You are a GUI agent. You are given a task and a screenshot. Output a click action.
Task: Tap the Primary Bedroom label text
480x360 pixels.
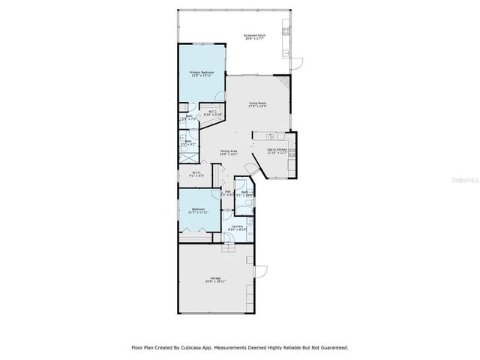pos(202,73)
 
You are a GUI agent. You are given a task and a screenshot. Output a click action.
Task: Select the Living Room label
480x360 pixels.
pos(258,105)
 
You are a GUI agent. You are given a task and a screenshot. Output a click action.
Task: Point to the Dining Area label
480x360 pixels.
pos(229,152)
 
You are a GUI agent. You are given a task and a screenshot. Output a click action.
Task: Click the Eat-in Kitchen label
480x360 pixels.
pos(277,152)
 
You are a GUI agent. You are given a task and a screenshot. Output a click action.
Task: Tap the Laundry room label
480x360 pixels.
pos(237,227)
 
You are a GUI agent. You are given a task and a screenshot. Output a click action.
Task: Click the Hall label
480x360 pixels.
pos(227,193)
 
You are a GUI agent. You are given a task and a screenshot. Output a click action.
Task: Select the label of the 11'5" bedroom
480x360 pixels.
pos(197,210)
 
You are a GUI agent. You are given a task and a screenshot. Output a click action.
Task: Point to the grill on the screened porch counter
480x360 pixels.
pos(286,31)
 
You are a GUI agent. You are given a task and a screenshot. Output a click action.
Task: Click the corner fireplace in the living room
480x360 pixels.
pos(281,82)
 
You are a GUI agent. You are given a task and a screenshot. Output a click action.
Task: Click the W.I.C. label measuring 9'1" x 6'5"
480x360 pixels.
pos(196,174)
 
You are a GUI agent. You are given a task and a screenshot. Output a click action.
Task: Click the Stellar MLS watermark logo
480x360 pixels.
pos(457,180)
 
